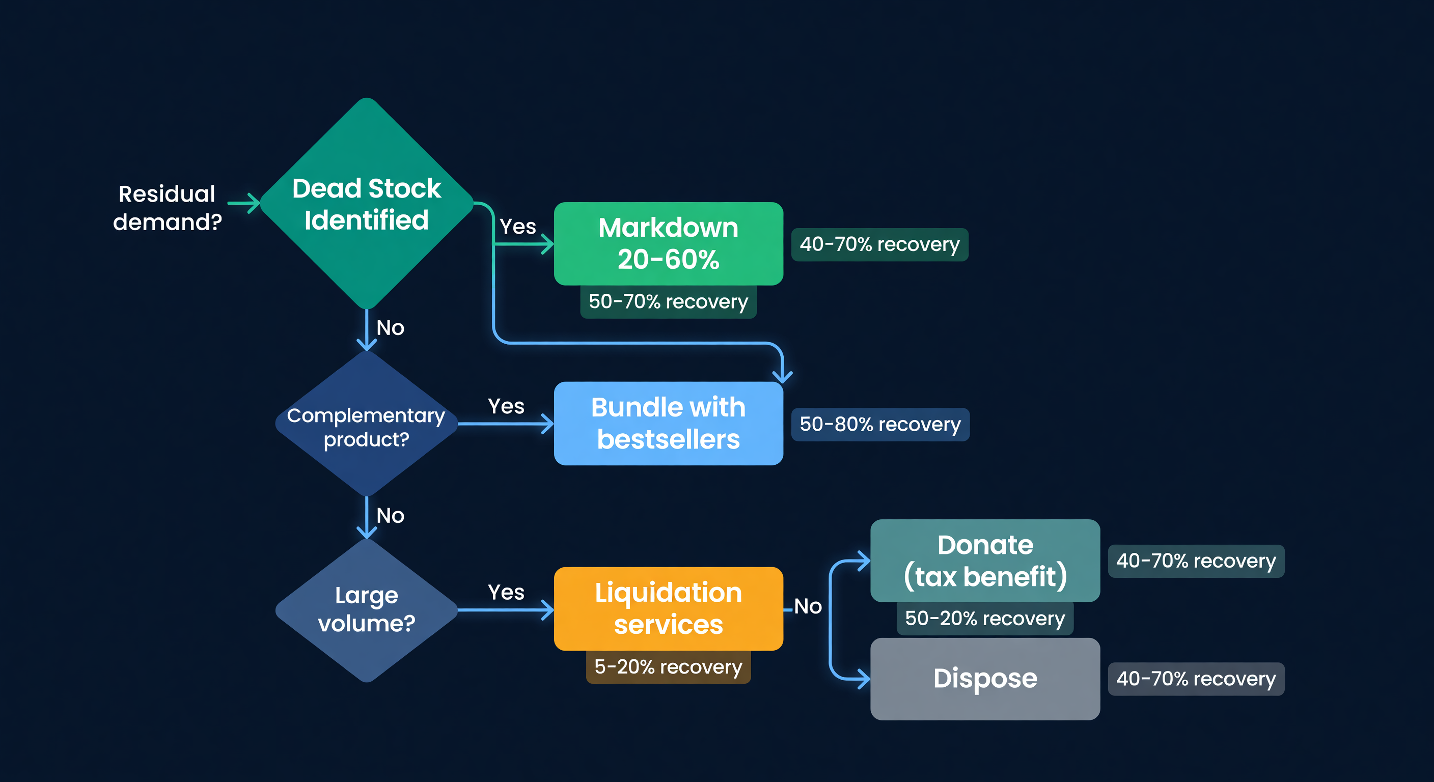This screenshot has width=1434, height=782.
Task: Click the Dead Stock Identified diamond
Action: click(x=366, y=204)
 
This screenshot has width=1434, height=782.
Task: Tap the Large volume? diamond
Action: click(x=366, y=610)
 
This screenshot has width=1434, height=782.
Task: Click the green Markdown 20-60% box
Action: click(x=668, y=244)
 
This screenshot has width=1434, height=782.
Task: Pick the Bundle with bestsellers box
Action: click(x=668, y=424)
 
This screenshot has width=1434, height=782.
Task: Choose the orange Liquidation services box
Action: click(x=668, y=608)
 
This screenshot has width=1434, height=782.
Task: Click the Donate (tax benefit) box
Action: click(x=984, y=561)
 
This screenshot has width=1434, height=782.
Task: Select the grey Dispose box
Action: click(x=984, y=679)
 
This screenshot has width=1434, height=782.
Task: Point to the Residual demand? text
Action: click(x=167, y=208)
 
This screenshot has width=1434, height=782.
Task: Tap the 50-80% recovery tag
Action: click(x=879, y=425)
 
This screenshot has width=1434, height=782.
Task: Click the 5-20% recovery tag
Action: click(x=668, y=667)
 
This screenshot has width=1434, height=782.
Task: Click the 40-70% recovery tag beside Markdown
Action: click(x=879, y=244)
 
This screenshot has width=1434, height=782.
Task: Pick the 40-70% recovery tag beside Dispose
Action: click(x=1196, y=679)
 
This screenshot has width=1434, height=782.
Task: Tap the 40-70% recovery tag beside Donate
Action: click(x=1196, y=561)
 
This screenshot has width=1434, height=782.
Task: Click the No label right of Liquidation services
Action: click(x=808, y=606)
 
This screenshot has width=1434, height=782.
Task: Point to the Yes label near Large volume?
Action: click(x=506, y=592)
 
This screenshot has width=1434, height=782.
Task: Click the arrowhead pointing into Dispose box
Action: click(x=864, y=679)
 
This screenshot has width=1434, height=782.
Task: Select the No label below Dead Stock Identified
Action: click(x=390, y=328)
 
